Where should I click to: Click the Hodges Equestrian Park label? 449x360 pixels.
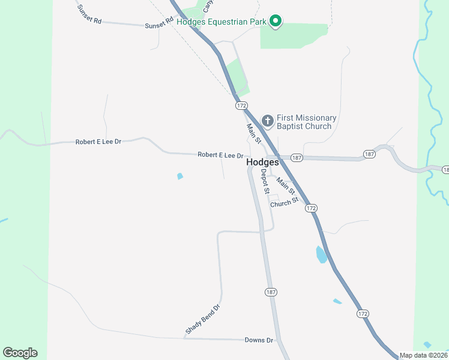click(x=221, y=22)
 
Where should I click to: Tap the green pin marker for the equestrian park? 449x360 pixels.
click(x=276, y=22)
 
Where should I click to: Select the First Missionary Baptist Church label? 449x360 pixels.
click(x=306, y=122)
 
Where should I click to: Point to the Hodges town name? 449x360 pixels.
click(x=262, y=163)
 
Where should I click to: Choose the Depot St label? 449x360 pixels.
click(x=264, y=181)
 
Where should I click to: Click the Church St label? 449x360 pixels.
click(x=284, y=203)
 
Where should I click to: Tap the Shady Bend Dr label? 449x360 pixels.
click(x=203, y=319)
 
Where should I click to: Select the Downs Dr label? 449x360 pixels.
click(x=259, y=340)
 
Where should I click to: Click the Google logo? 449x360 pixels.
click(x=20, y=353)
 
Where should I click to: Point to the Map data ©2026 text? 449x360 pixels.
click(x=423, y=355)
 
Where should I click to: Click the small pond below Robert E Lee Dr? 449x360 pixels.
click(x=180, y=176)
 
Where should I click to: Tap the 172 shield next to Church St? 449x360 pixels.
click(x=310, y=208)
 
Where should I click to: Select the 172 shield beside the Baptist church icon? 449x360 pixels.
click(x=241, y=106)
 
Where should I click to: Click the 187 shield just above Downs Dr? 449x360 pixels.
click(x=271, y=292)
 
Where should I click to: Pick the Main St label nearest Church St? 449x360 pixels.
click(x=286, y=186)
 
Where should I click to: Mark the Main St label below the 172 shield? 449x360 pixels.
click(x=254, y=133)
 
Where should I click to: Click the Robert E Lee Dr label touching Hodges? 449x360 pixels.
click(x=220, y=155)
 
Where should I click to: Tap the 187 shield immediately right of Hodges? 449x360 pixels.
click(x=297, y=157)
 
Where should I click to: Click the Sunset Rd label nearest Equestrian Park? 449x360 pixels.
click(x=158, y=25)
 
